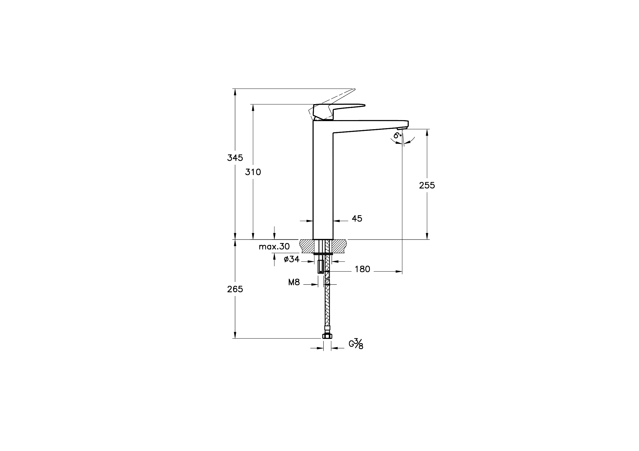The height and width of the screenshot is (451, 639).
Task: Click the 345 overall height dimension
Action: pyautogui.click(x=235, y=158)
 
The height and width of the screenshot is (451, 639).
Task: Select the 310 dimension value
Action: pyautogui.click(x=253, y=172)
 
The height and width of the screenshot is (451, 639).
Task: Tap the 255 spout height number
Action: pyautogui.click(x=427, y=185)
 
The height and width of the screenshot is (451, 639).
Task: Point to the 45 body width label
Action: pyautogui.click(x=357, y=219)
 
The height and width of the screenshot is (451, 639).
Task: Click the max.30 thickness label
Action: pyautogui.click(x=274, y=247)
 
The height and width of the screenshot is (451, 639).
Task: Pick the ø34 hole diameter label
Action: pyautogui.click(x=291, y=259)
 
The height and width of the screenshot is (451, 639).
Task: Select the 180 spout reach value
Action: pyautogui.click(x=362, y=269)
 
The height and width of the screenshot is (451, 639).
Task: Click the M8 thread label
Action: pyautogui.click(x=294, y=282)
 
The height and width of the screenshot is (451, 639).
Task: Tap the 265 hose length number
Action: pyautogui.click(x=235, y=289)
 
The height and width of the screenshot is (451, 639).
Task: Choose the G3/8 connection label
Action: pyautogui.click(x=356, y=345)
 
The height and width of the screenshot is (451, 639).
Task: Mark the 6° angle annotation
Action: pyautogui.click(x=397, y=136)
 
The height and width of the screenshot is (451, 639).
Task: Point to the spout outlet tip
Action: pyautogui.click(x=402, y=128)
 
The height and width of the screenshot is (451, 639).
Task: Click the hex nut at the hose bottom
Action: pyautogui.click(x=327, y=336)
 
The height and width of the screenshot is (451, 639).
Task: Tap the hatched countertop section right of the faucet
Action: pyautogui.click(x=339, y=246)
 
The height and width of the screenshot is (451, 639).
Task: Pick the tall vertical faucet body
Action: pyautogui.click(x=323, y=181)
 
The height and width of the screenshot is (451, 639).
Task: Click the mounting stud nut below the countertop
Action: pyautogui.click(x=321, y=266)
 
